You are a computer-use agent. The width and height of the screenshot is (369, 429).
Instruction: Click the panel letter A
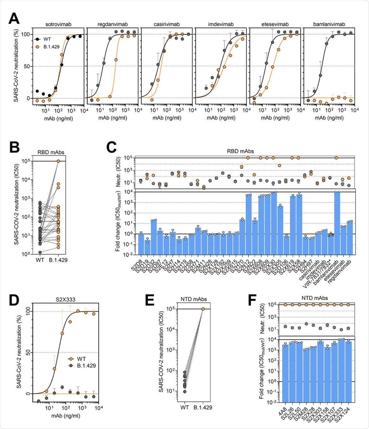14,19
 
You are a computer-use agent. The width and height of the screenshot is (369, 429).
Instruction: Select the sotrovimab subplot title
58,24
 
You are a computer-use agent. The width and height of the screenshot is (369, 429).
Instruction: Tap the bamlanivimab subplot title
329,24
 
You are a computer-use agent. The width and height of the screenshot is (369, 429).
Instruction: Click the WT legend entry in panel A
47,39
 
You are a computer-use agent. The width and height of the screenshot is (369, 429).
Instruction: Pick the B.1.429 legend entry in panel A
51,47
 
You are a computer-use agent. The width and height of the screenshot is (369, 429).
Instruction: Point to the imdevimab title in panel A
221,24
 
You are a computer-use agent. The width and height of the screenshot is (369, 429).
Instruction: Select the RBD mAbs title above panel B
51,152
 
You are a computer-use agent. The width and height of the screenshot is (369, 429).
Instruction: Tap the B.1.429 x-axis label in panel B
58,260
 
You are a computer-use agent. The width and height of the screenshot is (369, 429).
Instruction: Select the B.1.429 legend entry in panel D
86,366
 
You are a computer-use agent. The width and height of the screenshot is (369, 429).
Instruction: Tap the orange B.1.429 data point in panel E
203,309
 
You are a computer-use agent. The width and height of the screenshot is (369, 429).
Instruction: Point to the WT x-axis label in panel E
184,407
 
